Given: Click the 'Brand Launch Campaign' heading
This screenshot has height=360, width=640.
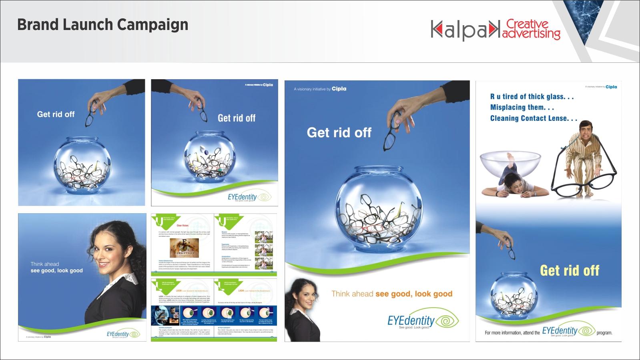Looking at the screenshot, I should tap(102, 25).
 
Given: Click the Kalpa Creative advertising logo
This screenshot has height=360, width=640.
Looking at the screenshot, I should tap(495, 30).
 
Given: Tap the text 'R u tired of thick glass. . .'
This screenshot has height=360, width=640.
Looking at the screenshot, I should tap(532, 97).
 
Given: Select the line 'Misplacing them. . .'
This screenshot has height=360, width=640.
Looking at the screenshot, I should tap(522, 107).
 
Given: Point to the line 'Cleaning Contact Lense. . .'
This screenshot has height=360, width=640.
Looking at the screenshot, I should tap(534, 118).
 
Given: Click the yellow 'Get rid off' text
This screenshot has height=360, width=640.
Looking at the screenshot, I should tap(570, 271).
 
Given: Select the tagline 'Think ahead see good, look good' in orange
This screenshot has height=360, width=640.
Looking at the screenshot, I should tap(392, 294).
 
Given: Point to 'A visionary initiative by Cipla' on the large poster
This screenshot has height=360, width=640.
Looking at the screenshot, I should tap(320, 89).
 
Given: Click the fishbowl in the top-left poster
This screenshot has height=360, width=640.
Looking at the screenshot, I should tap(82, 164).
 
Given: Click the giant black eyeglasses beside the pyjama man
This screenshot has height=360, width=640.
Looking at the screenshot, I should tap(584, 182).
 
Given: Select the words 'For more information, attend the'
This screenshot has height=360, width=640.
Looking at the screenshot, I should tap(512, 333).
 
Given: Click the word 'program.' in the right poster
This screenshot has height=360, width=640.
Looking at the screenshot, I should tap(604, 333).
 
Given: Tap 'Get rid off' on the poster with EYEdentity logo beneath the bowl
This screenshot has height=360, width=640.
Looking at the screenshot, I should tap(236, 118).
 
